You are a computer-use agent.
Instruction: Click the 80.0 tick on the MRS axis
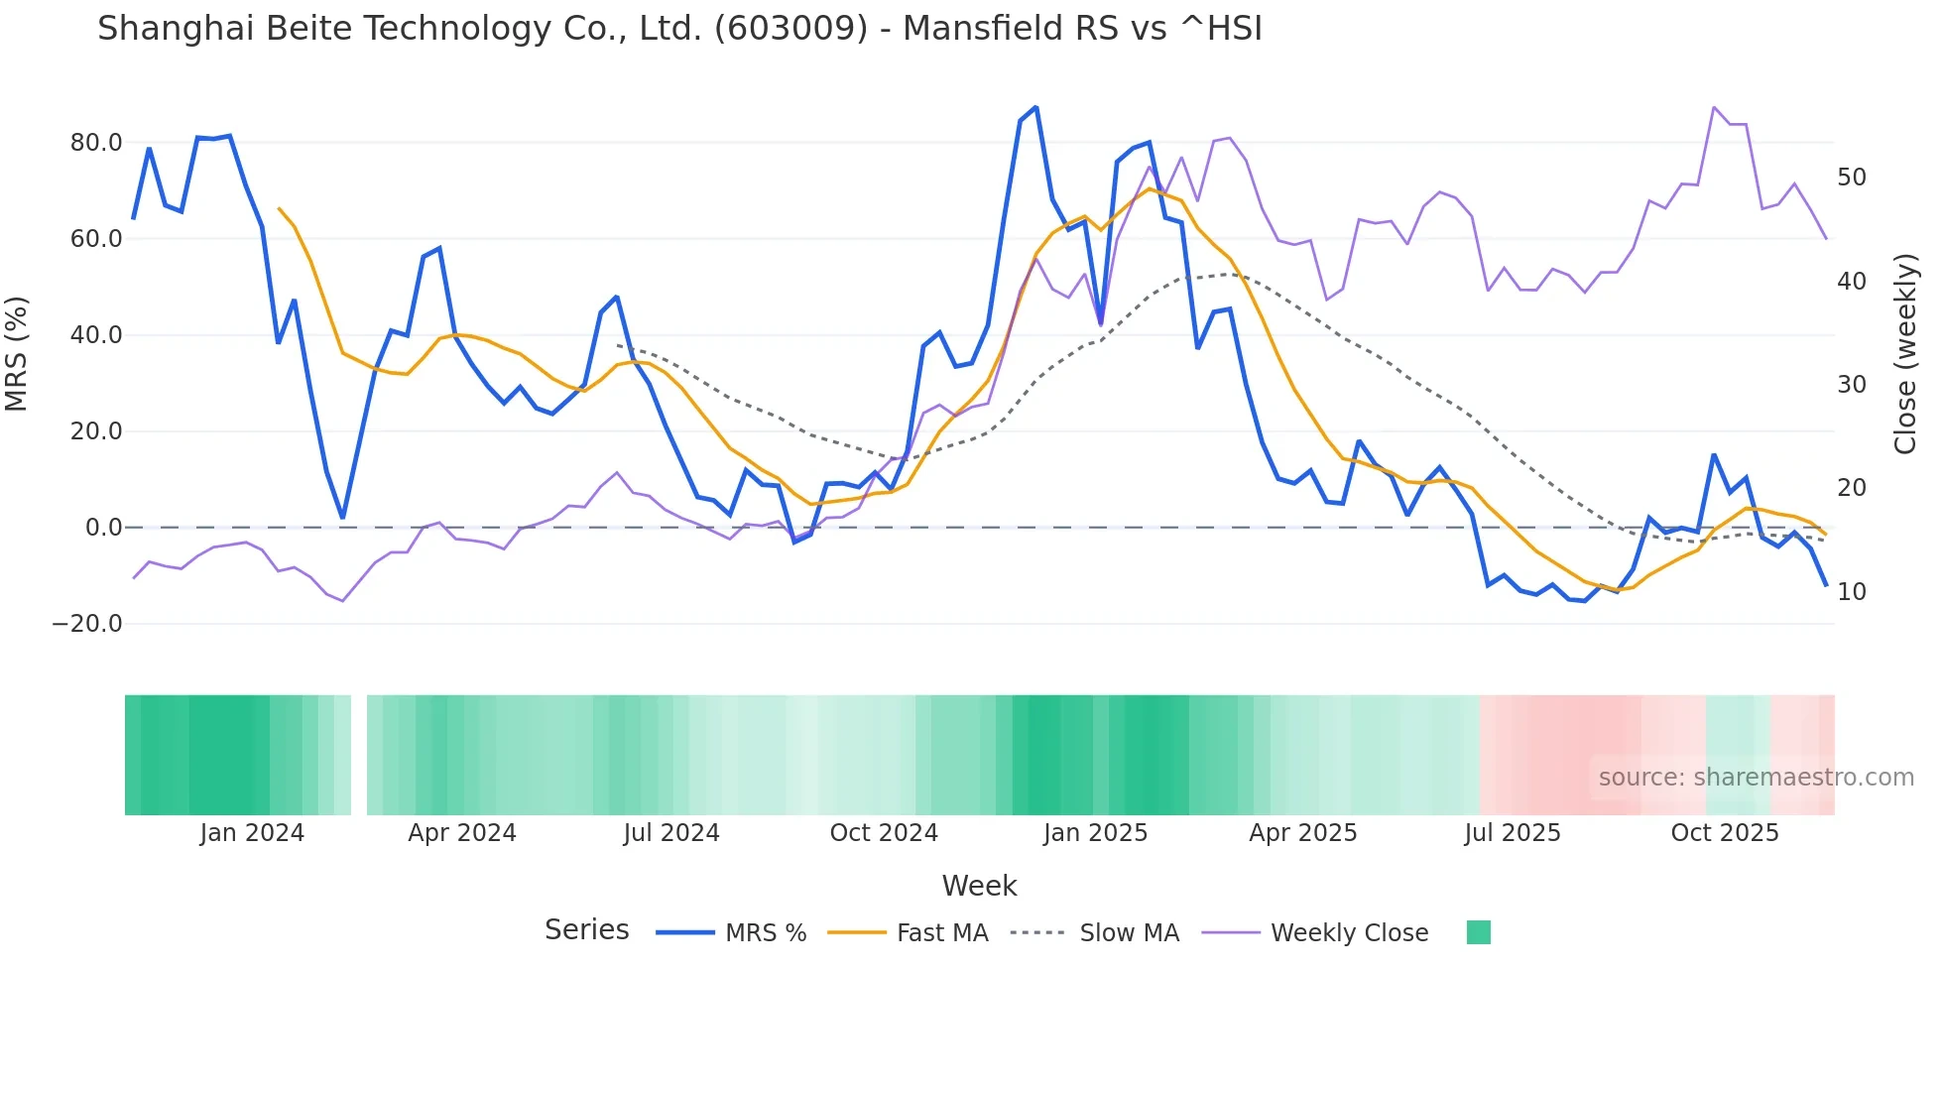coord(96,143)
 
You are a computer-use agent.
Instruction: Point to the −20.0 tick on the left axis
coord(87,624)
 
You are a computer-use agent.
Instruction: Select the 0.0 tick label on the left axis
coord(103,528)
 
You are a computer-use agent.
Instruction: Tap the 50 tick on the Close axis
coord(1852,178)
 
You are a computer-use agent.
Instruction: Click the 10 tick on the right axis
coord(1852,592)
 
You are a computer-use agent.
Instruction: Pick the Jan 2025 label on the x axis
coord(1095,833)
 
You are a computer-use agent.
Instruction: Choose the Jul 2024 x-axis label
coord(671,833)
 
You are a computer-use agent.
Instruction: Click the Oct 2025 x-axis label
coord(1725,833)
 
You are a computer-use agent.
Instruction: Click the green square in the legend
coord(1479,932)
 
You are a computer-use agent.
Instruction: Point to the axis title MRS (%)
coord(17,353)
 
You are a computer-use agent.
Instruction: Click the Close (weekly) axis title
coord(1905,353)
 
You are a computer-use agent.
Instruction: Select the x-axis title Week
coord(979,886)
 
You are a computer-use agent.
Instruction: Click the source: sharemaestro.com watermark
coord(1756,778)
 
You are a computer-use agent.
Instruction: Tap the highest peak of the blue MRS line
coord(1035,107)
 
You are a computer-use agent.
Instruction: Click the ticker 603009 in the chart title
coord(791,29)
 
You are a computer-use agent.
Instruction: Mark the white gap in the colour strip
coord(359,755)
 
